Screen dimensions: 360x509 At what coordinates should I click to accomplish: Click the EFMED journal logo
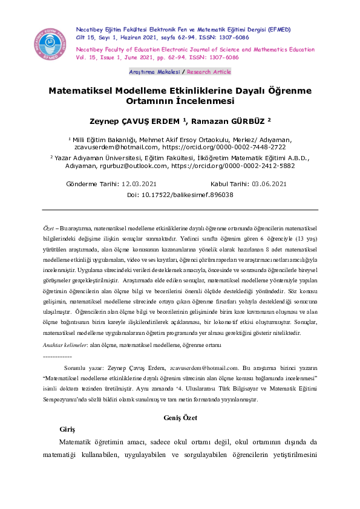click(x=50, y=42)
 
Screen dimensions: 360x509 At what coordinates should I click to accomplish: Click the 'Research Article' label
click(x=209, y=71)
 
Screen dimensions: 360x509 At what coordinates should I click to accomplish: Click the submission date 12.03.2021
click(x=140, y=184)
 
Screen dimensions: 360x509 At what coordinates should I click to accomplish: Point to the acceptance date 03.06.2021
click(x=269, y=184)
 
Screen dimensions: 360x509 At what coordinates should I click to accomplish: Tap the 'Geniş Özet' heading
click(x=180, y=417)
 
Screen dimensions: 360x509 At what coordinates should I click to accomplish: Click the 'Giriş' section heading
click(x=67, y=429)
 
